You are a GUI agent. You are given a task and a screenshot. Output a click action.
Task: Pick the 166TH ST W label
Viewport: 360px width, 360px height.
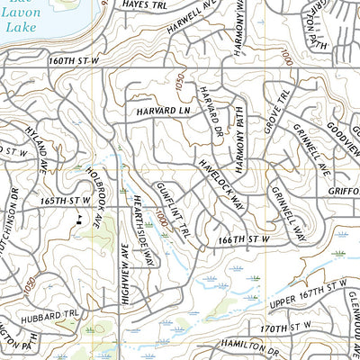click(x=244, y=240)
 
